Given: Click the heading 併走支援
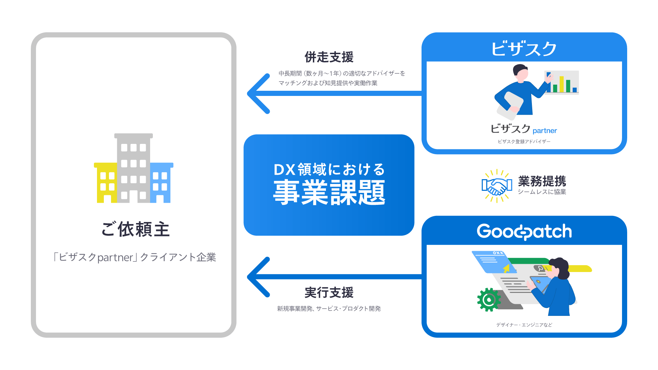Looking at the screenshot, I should coord(329,57).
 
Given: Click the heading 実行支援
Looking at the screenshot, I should coord(329,293).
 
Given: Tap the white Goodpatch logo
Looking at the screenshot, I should coord(524,232).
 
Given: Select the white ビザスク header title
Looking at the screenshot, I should coord(524,49).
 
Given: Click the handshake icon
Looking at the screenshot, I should coord(497,186).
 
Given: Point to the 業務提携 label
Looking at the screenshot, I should coord(542,181).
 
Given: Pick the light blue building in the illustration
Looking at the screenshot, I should coord(161,183).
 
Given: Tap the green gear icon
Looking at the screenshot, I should coord(489,300).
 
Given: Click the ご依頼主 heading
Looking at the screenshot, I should coord(135,229).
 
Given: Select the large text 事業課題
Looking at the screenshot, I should coord(329,193).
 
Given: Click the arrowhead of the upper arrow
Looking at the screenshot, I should coord(257,94).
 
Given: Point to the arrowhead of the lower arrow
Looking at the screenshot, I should coord(257,277).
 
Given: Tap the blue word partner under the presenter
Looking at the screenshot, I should coord(545,131).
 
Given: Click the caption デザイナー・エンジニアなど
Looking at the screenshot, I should coord(524,325).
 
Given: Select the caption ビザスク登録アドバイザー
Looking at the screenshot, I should coord(524,141).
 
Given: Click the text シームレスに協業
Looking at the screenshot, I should coord(542,192).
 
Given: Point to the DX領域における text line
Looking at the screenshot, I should coord(329,170).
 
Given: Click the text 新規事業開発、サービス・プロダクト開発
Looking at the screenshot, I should coord(329,309).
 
